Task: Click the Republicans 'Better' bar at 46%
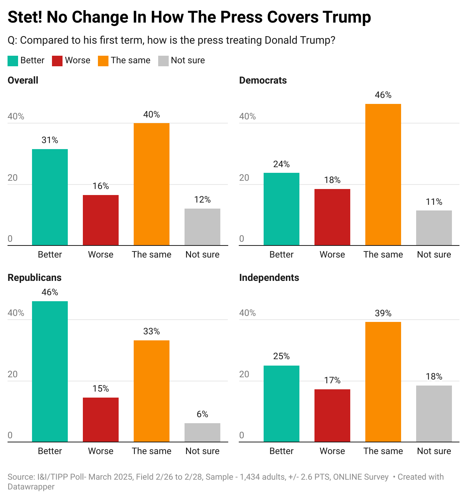tap(50, 371)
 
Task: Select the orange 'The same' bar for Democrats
tap(383, 175)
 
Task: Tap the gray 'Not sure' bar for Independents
tap(434, 413)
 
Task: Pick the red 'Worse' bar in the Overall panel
tap(101, 220)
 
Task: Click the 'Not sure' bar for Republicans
tap(202, 432)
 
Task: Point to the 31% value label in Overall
tap(50, 140)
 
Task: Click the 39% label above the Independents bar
tap(383, 313)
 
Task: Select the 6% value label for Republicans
tap(202, 414)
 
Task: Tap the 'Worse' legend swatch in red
tap(57, 61)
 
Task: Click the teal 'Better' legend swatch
tap(13, 61)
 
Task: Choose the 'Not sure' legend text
tap(188, 60)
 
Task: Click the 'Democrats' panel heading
tap(263, 80)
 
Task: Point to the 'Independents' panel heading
tap(269, 277)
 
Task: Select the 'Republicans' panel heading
tap(34, 277)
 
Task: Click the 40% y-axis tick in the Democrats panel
tap(247, 116)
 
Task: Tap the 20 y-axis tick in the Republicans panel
tap(13, 374)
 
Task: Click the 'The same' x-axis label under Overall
tap(151, 255)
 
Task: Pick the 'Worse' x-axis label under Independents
tap(332, 451)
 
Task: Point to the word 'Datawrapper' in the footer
tap(31, 486)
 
